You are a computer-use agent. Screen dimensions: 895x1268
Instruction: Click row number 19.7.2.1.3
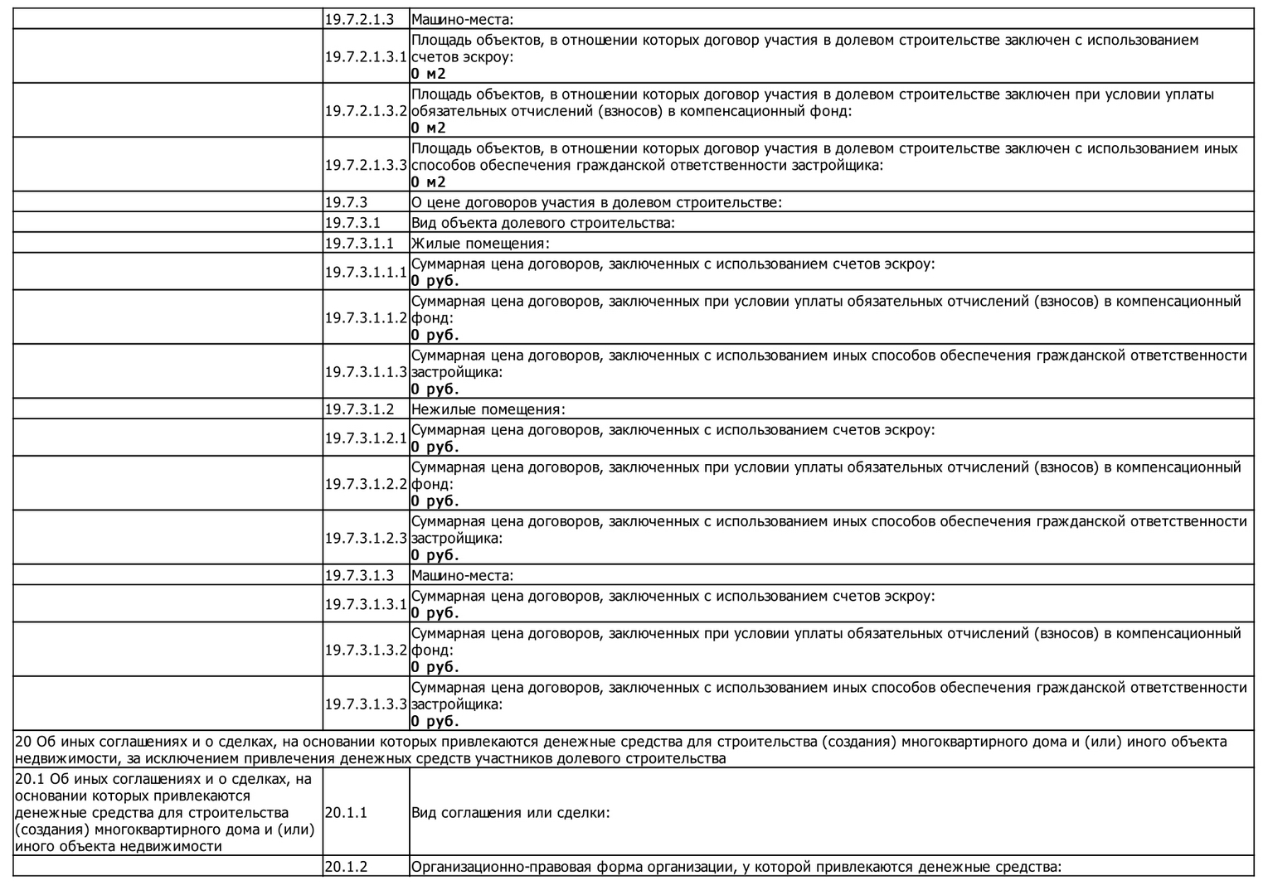(x=359, y=19)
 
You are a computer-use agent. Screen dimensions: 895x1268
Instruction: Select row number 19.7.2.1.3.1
(x=366, y=56)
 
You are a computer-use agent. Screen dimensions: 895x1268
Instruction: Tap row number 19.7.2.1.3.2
(x=366, y=110)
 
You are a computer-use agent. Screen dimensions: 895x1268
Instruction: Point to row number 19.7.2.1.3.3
(x=366, y=165)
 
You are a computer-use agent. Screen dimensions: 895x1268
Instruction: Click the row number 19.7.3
(x=346, y=202)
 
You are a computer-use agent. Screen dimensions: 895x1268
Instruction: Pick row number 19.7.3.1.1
(x=356, y=244)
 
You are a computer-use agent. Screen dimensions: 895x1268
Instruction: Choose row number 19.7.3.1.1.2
(x=366, y=317)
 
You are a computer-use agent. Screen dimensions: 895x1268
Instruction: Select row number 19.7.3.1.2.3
(x=366, y=538)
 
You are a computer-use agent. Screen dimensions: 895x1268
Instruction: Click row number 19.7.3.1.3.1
(x=366, y=604)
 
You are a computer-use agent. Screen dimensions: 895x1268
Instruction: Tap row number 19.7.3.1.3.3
(x=366, y=704)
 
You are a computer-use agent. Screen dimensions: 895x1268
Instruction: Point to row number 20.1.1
(x=346, y=812)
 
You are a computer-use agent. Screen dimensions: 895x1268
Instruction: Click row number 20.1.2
(x=346, y=867)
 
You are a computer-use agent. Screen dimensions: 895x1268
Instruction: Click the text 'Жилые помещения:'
(x=481, y=244)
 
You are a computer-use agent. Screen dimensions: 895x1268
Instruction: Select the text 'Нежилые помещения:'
(x=488, y=409)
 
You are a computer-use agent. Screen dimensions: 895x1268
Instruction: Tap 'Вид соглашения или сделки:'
(x=510, y=812)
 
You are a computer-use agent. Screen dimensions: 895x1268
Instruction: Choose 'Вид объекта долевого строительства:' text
(x=543, y=223)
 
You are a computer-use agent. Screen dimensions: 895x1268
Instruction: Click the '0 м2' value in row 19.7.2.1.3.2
(x=429, y=128)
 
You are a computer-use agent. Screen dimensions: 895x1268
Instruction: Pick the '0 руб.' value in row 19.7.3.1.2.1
(x=435, y=447)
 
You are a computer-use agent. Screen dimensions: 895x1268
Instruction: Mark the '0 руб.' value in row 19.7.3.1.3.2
(x=435, y=667)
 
